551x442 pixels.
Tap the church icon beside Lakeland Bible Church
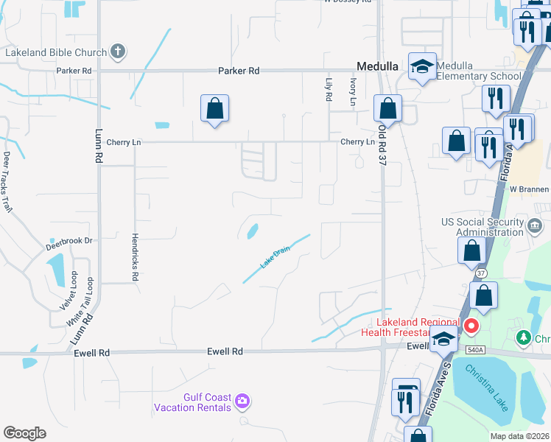(117, 52)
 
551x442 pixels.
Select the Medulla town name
(378, 66)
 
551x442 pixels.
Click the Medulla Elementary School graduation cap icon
(422, 67)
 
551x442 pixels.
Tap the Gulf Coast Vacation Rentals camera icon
(243, 401)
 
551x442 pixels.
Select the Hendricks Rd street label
(135, 257)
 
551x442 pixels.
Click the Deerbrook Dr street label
(71, 241)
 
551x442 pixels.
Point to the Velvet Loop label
(74, 290)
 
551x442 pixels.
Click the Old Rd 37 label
(382, 144)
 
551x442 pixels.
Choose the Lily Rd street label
(329, 91)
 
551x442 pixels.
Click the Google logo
(24, 433)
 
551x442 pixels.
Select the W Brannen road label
(530, 189)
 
